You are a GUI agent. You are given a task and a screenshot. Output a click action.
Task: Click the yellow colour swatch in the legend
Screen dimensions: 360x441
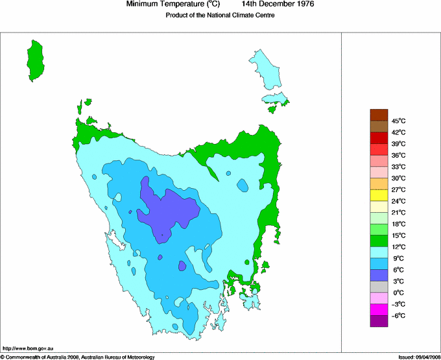pos(379,195)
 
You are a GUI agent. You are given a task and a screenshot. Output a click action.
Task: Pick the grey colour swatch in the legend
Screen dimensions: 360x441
pos(379,287)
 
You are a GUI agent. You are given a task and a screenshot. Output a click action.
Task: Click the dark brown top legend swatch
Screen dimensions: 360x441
pos(379,115)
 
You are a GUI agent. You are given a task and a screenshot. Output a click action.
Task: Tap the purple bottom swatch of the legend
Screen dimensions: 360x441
pos(379,321)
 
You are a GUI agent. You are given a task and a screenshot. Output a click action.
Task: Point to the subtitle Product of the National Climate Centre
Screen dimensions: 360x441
pos(220,15)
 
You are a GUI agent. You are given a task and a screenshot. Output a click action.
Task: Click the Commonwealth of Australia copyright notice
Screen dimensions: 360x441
pos(78,357)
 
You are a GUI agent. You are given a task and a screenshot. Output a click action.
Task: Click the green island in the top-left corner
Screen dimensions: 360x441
pos(35,60)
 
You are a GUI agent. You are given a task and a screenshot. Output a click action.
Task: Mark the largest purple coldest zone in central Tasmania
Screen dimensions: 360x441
pos(169,211)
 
